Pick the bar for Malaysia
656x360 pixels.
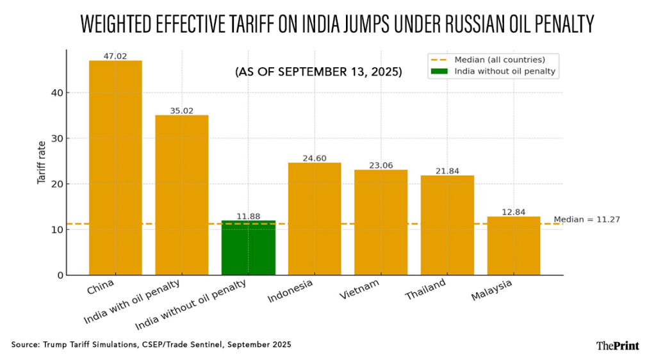(x=514, y=246)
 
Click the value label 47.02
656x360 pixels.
(x=115, y=56)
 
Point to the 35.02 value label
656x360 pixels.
(x=182, y=111)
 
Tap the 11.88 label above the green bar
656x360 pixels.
(x=248, y=217)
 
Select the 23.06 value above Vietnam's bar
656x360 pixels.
(x=381, y=165)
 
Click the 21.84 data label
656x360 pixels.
(x=447, y=171)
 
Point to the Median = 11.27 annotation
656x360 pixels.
(x=586, y=220)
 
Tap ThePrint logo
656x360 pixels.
(x=618, y=345)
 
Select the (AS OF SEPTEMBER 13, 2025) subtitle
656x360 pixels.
(x=319, y=72)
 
